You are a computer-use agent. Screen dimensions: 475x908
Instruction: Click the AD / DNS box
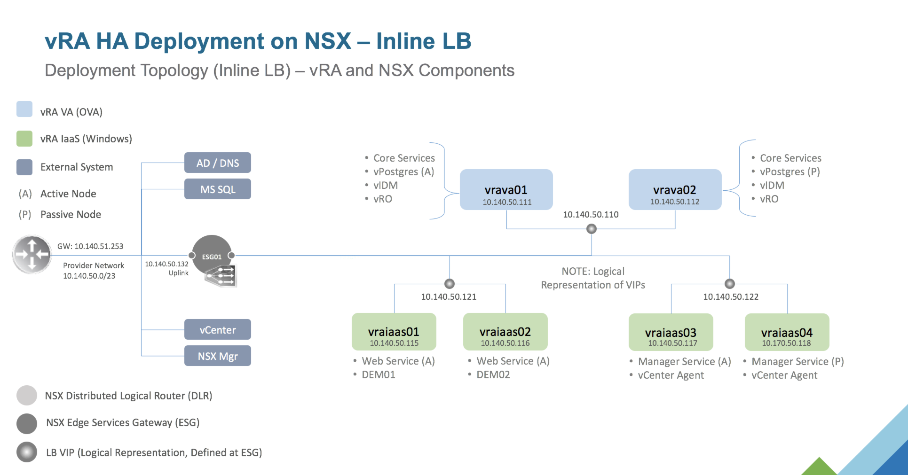point(217,163)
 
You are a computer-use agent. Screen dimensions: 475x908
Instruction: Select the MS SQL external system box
point(217,189)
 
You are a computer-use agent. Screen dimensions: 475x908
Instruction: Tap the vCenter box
point(217,329)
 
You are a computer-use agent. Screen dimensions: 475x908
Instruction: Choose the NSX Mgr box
point(217,356)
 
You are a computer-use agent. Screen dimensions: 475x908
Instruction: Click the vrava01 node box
point(506,189)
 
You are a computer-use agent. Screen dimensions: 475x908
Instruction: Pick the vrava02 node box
point(675,189)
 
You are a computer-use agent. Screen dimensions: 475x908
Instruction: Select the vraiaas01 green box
point(394,332)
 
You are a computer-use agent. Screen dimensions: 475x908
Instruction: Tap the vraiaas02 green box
point(505,332)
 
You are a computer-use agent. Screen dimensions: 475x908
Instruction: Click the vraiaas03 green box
point(671,332)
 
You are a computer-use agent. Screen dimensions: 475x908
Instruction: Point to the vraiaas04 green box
point(787,332)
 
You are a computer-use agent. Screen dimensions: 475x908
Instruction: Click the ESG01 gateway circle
point(212,255)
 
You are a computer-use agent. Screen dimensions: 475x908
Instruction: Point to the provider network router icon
point(32,255)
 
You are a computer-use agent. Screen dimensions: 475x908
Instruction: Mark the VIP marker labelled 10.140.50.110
point(592,229)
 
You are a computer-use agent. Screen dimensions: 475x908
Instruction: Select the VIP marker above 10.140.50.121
point(450,284)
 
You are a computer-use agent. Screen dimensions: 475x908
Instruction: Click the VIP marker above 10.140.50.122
point(730,284)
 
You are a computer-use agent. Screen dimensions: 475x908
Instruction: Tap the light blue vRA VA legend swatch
point(24,109)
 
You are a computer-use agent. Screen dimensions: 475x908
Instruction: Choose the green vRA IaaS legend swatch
point(24,139)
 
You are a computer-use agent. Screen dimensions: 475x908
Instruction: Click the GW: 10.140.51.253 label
point(90,246)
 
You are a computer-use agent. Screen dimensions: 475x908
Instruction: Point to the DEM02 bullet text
point(493,374)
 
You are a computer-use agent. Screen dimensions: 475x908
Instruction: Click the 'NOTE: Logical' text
point(593,271)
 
